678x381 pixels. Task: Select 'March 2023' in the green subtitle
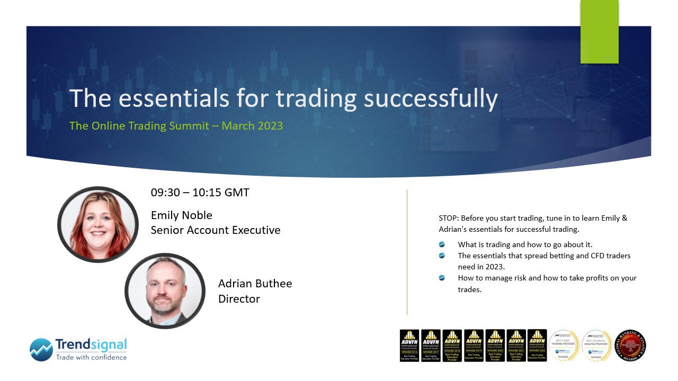[x=252, y=126]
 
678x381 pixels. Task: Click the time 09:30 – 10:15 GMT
[x=200, y=192]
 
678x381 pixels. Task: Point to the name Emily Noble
[x=181, y=215]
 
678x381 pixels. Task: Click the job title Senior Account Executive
[x=215, y=230]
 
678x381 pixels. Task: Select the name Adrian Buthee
[x=255, y=284]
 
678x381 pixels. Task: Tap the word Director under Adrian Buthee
[x=239, y=299]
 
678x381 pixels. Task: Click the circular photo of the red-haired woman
[x=97, y=224]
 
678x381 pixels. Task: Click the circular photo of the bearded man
[x=165, y=291]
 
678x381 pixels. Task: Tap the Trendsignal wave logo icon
[x=41, y=350]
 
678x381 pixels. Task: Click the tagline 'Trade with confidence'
[x=91, y=357]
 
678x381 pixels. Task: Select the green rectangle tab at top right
[x=599, y=31]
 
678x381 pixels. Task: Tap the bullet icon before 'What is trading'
[x=442, y=244]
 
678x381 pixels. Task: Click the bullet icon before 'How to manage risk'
[x=442, y=278]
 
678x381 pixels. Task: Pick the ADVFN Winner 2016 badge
[x=409, y=346]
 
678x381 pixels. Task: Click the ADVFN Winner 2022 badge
[x=537, y=346]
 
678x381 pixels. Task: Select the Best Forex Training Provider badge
[x=564, y=346]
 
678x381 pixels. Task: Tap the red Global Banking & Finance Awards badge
[x=630, y=346]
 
